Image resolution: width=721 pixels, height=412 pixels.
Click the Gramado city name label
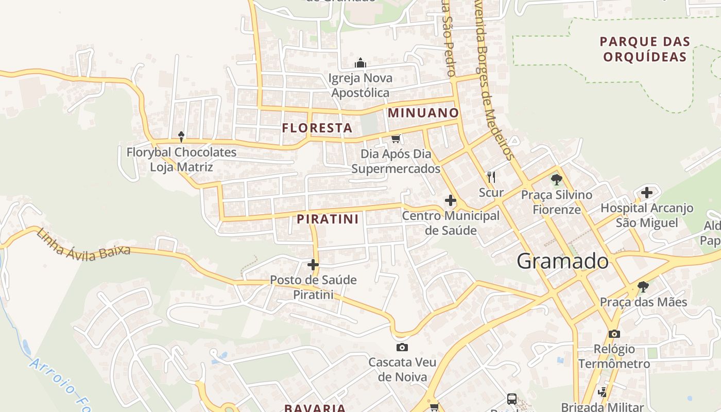[x=562, y=261]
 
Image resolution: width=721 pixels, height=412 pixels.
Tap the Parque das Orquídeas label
[x=645, y=49]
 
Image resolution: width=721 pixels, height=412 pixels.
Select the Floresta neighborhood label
[x=317, y=128]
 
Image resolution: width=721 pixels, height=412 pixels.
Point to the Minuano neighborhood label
[x=423, y=113]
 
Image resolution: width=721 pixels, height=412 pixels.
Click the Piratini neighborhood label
[x=328, y=219]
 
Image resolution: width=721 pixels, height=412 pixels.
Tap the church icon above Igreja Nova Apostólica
[x=360, y=63]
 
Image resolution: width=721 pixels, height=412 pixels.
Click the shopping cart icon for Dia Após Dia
[x=396, y=139]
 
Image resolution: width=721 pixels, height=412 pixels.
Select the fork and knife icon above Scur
[x=491, y=177]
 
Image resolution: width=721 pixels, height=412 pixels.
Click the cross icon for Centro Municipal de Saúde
[x=451, y=200]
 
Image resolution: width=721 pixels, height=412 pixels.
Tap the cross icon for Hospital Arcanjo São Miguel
[x=647, y=193]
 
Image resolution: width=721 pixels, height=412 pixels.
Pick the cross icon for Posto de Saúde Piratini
[x=313, y=265]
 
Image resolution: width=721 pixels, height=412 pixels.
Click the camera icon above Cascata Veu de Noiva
[x=402, y=347]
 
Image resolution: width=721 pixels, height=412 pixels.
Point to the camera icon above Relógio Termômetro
[x=614, y=334]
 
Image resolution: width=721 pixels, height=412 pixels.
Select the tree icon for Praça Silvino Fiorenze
[x=556, y=180]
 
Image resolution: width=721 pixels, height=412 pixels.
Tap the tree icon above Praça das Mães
[x=643, y=286]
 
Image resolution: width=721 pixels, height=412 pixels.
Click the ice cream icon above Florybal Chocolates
[x=181, y=136]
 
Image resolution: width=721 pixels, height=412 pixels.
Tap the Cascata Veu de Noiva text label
[x=402, y=369]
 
